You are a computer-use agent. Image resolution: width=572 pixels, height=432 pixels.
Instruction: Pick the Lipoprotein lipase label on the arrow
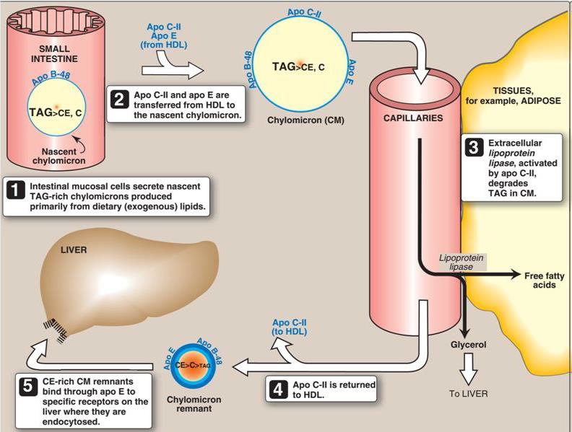(x=463, y=262)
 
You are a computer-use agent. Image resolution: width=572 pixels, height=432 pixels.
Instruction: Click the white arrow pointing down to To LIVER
(x=469, y=369)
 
